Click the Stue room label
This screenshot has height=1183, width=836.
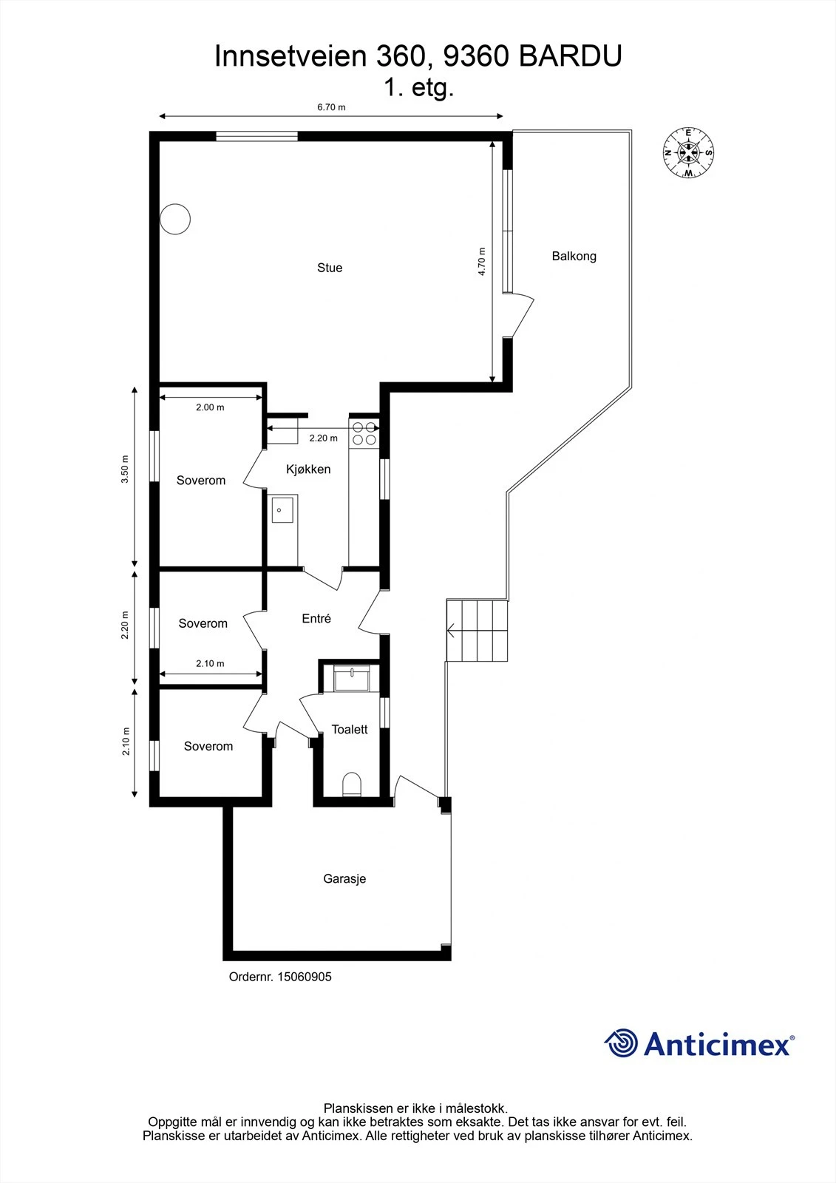[330, 268]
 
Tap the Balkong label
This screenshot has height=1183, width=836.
[574, 257]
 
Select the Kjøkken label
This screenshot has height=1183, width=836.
[308, 470]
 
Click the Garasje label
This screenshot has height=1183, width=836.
[344, 879]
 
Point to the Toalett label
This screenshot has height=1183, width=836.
[350, 730]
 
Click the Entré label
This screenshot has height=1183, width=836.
[316, 619]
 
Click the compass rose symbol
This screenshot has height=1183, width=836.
[688, 152]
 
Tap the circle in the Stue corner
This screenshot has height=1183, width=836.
[176, 219]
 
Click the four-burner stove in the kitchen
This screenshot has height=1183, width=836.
[364, 433]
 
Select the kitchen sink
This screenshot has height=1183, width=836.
[282, 509]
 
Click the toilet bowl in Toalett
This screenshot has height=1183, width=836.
[352, 784]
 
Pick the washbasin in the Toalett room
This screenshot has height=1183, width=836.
[352, 677]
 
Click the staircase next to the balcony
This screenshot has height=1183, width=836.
[478, 631]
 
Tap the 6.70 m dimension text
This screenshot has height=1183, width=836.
[331, 107]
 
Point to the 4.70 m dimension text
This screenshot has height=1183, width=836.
[482, 262]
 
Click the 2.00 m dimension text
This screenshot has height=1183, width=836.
[210, 407]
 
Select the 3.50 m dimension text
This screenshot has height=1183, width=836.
[125, 469]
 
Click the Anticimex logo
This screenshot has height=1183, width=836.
[699, 1044]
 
